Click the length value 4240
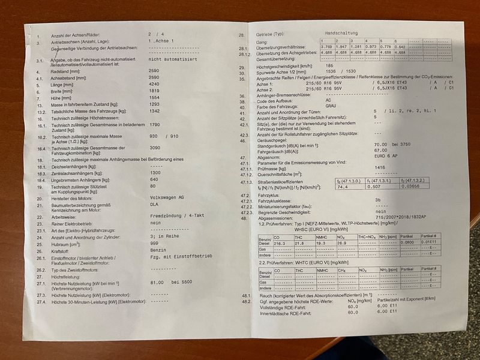point(154,84)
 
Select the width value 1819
point(154,91)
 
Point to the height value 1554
point(154,98)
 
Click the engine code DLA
point(153,206)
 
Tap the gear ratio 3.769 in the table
point(327,47)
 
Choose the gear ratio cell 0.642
point(400,47)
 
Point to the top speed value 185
point(329,66)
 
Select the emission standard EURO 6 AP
point(387,158)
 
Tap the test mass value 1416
point(380,169)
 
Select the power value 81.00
point(157,281)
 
